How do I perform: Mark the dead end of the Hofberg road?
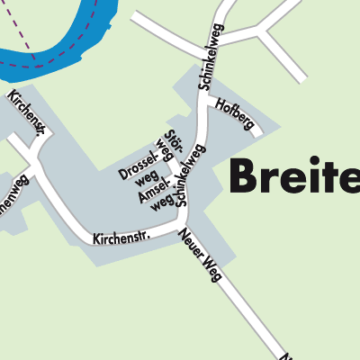[x=258, y=135]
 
